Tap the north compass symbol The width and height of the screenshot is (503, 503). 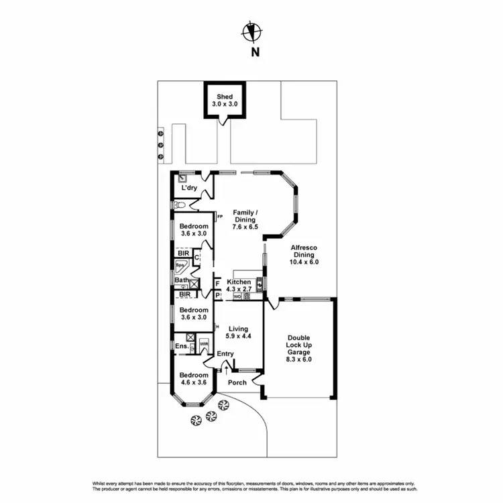pos(253,31)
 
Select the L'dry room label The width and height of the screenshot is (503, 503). pos(188,188)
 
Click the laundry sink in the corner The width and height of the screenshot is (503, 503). pos(182,178)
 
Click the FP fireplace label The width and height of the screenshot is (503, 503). pos(219,217)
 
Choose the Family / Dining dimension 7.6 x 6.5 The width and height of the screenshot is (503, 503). pos(245,227)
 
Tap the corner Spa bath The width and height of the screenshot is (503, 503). pos(181,266)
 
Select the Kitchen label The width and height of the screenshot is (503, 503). pos(239,282)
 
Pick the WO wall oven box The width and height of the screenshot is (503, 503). pos(237,296)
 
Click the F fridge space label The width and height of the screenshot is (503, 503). pos(218,283)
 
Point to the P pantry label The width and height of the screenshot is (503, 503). pos(218,294)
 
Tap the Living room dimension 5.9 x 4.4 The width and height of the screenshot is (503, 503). pos(238,338)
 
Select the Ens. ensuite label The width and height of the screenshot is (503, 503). pos(181,346)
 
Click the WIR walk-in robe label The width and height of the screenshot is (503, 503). pos(204,343)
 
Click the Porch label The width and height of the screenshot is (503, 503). pos(237,382)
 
